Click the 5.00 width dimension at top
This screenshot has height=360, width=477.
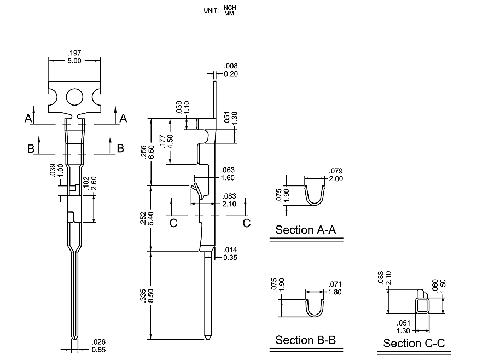tap(74, 61)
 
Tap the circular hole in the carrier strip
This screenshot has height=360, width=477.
tap(75, 97)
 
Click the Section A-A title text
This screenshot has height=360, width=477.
tap(306, 230)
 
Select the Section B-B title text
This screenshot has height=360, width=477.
tap(305, 340)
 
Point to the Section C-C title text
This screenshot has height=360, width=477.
tap(414, 344)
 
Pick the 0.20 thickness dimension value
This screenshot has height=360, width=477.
tap(231, 74)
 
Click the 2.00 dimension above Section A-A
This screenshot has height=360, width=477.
tap(335, 179)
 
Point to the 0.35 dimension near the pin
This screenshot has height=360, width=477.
tap(229, 257)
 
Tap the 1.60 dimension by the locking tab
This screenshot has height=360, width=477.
tap(228, 178)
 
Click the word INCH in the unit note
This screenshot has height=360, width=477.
tap(230, 7)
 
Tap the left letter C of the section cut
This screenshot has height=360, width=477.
tap(173, 223)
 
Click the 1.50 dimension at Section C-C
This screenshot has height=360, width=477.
tap(452, 287)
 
